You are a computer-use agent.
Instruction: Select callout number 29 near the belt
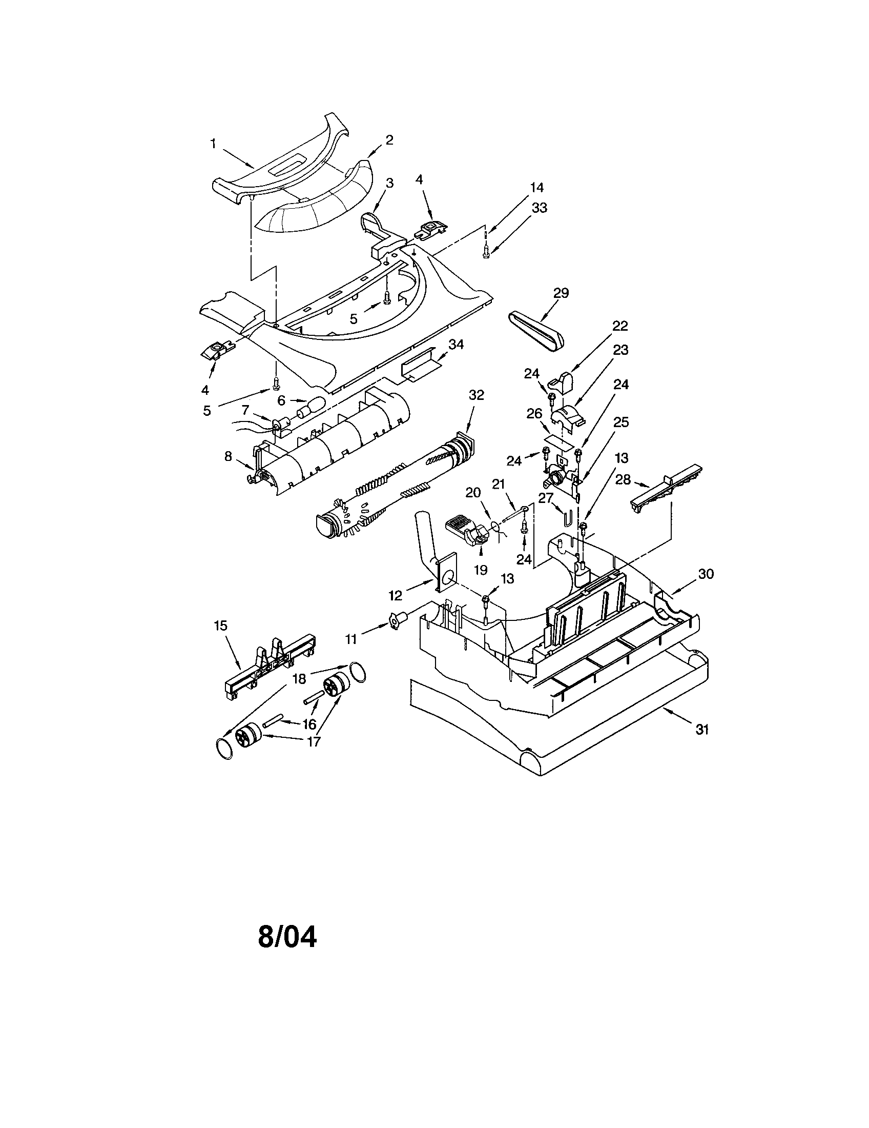tap(561, 293)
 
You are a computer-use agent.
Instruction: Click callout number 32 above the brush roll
tap(477, 395)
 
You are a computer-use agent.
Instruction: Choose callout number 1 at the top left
tap(213, 144)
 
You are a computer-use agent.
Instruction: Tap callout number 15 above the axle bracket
tap(220, 626)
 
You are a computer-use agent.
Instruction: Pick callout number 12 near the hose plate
tap(395, 595)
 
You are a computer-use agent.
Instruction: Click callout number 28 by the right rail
tap(623, 479)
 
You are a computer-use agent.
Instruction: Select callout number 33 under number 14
tap(539, 207)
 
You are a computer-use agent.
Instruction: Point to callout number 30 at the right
tap(706, 573)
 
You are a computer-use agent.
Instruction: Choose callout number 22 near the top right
tap(620, 326)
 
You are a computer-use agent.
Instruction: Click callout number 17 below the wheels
tap(313, 741)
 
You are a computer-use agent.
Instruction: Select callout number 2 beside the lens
tap(389, 139)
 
